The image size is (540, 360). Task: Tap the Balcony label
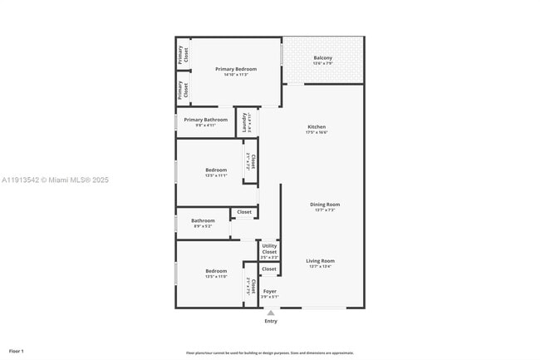(323, 58)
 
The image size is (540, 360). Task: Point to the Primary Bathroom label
(205, 120)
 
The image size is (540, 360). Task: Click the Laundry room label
(244, 123)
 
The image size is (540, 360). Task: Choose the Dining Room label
(325, 205)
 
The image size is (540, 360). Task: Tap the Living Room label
(320, 261)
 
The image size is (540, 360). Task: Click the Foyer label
(270, 291)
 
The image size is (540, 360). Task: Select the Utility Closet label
(269, 249)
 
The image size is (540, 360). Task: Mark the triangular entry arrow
(270, 313)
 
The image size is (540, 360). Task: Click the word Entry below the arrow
(271, 321)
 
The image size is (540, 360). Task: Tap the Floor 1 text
(17, 352)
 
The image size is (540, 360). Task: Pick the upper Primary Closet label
(184, 54)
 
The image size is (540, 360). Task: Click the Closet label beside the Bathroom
(244, 212)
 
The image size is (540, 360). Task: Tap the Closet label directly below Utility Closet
(269, 269)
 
